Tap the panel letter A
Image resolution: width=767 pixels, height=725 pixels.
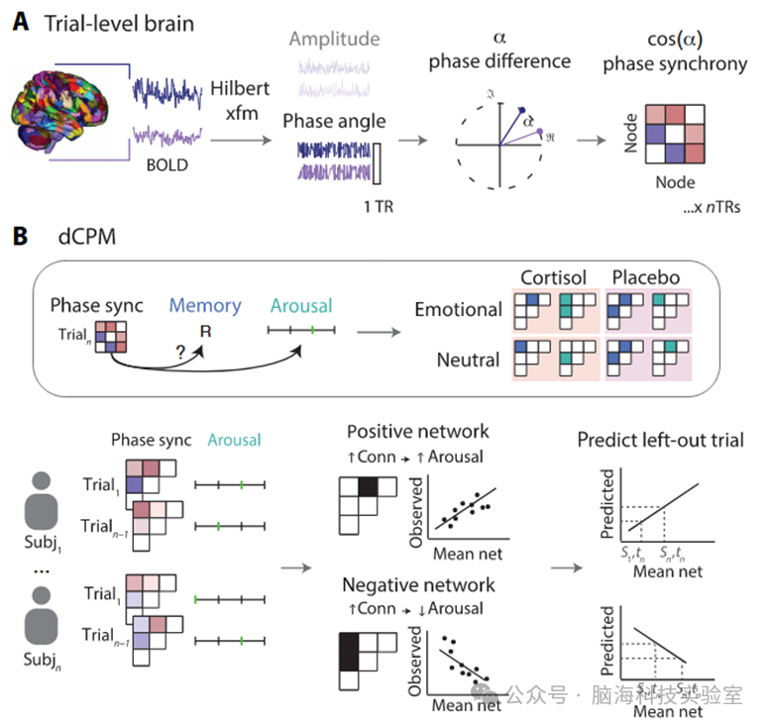tap(19, 20)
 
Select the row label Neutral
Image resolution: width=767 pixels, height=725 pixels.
tap(470, 360)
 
